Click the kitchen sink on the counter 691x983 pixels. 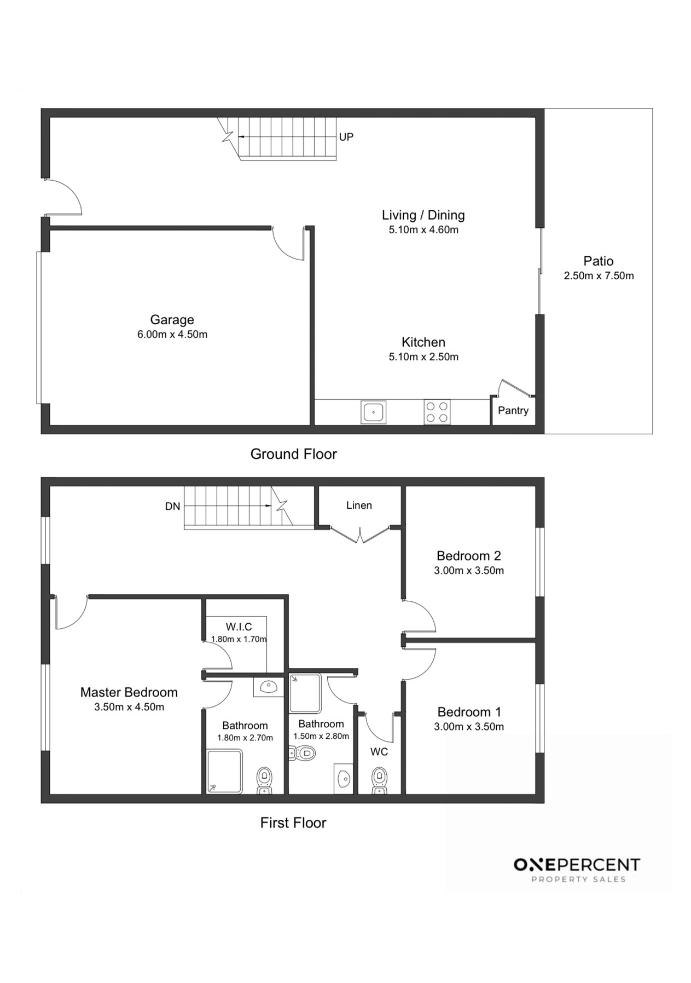373,412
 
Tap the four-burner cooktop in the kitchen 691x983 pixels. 437,412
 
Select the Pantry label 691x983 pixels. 513,411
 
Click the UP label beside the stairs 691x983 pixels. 346,137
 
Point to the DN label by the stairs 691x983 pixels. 172,507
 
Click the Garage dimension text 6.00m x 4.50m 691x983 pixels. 172,335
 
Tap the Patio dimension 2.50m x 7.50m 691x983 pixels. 599,276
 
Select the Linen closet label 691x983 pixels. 359,505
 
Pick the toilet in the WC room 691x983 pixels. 379,781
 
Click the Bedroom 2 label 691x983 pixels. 469,556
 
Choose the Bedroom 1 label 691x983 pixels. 469,712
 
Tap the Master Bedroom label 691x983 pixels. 129,692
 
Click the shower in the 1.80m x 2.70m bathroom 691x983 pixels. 224,772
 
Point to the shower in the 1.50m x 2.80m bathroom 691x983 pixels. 305,693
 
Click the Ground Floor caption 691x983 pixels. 293,454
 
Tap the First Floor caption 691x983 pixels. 293,823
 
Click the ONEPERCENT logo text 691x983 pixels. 577,865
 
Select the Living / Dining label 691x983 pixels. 423,215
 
